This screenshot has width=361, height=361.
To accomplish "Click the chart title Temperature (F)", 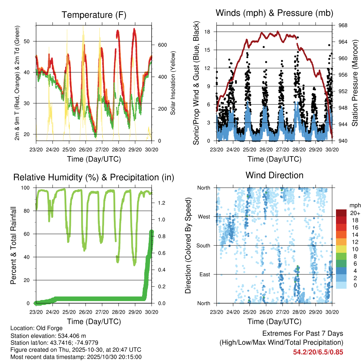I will coord(94,15).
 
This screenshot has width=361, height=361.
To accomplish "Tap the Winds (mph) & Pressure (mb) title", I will coord(275,13).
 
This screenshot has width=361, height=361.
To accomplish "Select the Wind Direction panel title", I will coord(274,175).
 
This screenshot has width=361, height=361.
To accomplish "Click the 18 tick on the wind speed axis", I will coord(208,32).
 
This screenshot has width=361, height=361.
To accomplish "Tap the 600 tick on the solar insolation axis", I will coord(162,45).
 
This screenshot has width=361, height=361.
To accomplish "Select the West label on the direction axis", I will coord(204,216).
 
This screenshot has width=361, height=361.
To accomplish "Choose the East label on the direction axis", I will coord(204,274).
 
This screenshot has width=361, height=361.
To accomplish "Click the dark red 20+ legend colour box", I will coord(342,213).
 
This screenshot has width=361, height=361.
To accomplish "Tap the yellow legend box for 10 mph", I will coord(342,249).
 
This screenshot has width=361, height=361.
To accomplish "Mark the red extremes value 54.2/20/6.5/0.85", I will coord(318,352).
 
